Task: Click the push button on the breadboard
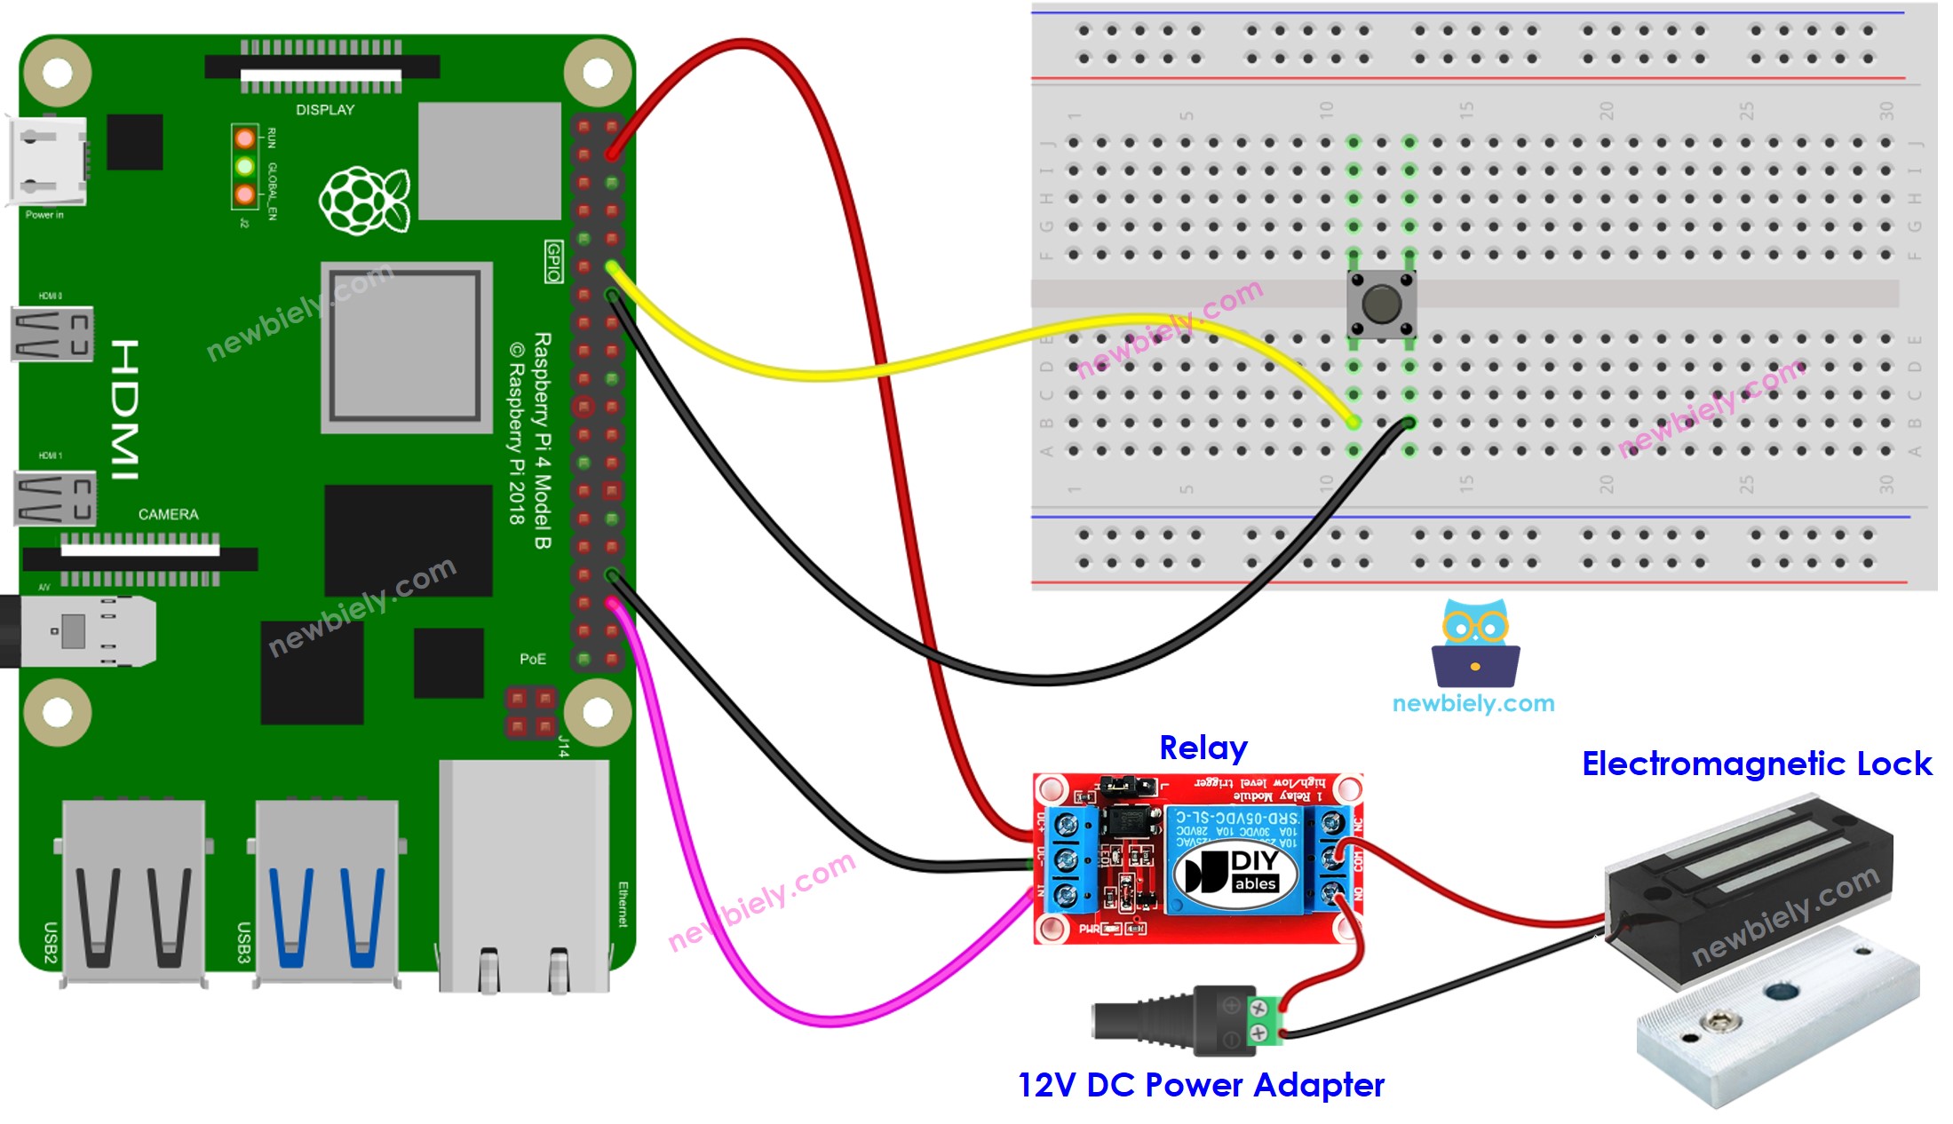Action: click(1379, 305)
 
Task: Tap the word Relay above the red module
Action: click(1203, 748)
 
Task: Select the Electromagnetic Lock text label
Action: click(1756, 764)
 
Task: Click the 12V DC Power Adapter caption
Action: click(1200, 1085)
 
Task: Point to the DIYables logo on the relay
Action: click(1235, 873)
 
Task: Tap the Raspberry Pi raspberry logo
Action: click(364, 200)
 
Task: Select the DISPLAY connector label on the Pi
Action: click(324, 110)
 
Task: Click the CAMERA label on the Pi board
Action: click(168, 514)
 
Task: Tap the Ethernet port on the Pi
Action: click(524, 875)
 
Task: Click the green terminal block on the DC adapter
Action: click(1268, 1020)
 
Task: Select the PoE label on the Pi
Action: click(532, 659)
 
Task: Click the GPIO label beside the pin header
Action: click(553, 261)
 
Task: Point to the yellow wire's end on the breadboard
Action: click(1353, 423)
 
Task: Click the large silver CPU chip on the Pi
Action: click(406, 346)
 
